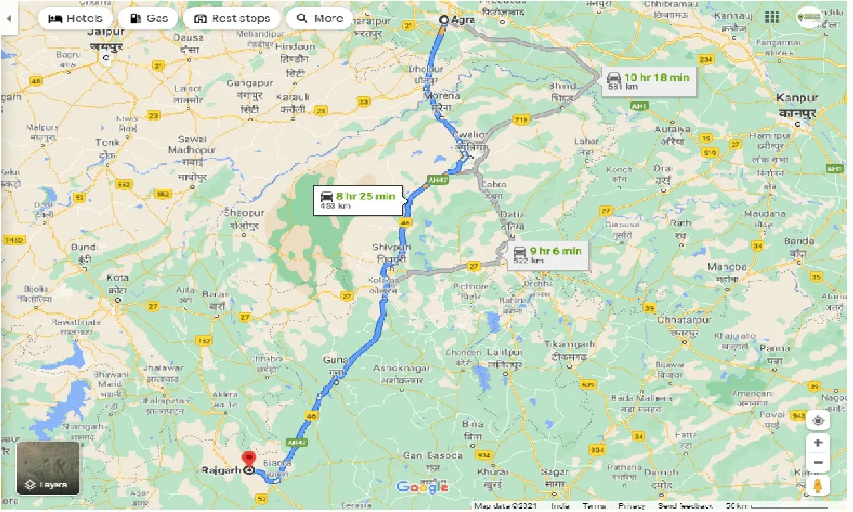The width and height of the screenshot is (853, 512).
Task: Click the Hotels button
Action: pos(75,18)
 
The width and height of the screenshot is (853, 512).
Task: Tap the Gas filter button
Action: pos(148,18)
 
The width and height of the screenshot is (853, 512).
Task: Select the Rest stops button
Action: pos(231,18)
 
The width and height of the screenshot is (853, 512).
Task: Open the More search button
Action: pos(319,18)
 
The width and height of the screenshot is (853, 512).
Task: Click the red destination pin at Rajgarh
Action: pos(249,459)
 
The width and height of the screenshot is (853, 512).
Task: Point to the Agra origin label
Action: pos(463,20)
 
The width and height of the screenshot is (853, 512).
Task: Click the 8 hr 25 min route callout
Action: pos(358,200)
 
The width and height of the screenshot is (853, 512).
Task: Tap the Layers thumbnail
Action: pos(48,468)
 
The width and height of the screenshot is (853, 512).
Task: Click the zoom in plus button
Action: pos(818,443)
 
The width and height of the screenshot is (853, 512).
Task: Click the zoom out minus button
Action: pos(818,463)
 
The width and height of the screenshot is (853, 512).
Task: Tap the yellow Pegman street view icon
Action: pos(818,486)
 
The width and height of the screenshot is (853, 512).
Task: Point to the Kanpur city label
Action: pos(797,98)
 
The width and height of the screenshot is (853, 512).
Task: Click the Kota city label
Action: pos(118,277)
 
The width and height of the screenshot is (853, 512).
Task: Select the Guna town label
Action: pos(335,360)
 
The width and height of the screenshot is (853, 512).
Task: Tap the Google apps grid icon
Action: pos(772,17)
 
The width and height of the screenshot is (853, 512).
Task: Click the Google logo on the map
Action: pos(422,487)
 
